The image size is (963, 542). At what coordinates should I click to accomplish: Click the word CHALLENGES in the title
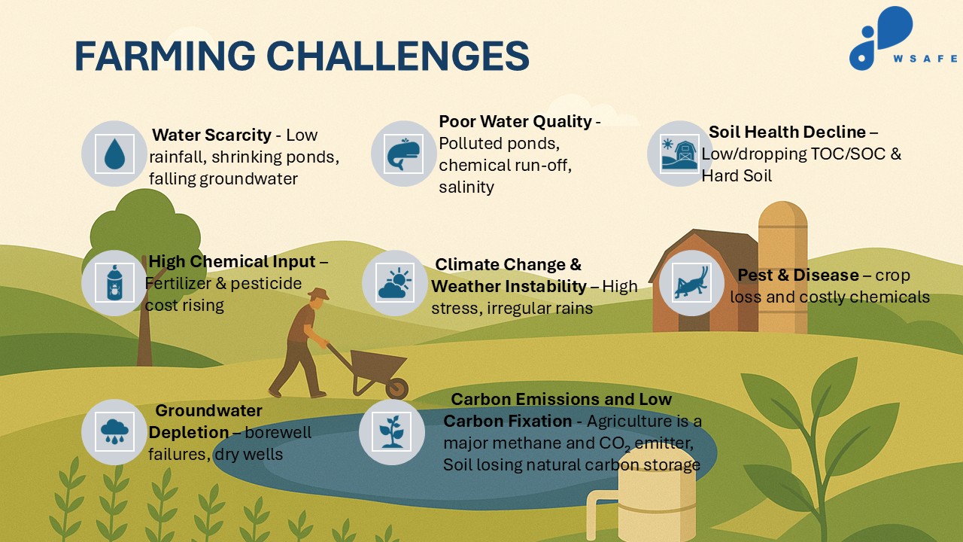(398, 56)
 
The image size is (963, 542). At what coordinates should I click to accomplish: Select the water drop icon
(115, 154)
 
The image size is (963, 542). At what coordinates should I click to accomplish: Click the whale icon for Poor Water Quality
(403, 154)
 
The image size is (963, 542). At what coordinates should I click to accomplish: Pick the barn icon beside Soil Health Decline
(679, 154)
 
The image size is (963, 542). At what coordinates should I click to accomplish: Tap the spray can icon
(115, 282)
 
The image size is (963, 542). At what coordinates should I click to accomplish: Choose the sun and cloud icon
(395, 283)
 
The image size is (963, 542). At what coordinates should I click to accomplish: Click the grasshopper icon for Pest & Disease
(691, 282)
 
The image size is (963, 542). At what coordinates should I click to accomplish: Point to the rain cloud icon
(114, 431)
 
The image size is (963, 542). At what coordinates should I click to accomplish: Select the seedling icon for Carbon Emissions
(392, 431)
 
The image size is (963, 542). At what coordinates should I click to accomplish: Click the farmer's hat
(318, 294)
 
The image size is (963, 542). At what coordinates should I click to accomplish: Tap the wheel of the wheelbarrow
(396, 388)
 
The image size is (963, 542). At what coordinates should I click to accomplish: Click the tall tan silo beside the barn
(782, 266)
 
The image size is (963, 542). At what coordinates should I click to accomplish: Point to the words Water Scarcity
(211, 135)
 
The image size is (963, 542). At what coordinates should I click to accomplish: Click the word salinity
(466, 187)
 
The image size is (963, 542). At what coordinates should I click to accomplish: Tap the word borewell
(278, 432)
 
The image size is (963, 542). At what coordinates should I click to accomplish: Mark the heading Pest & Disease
(798, 275)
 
